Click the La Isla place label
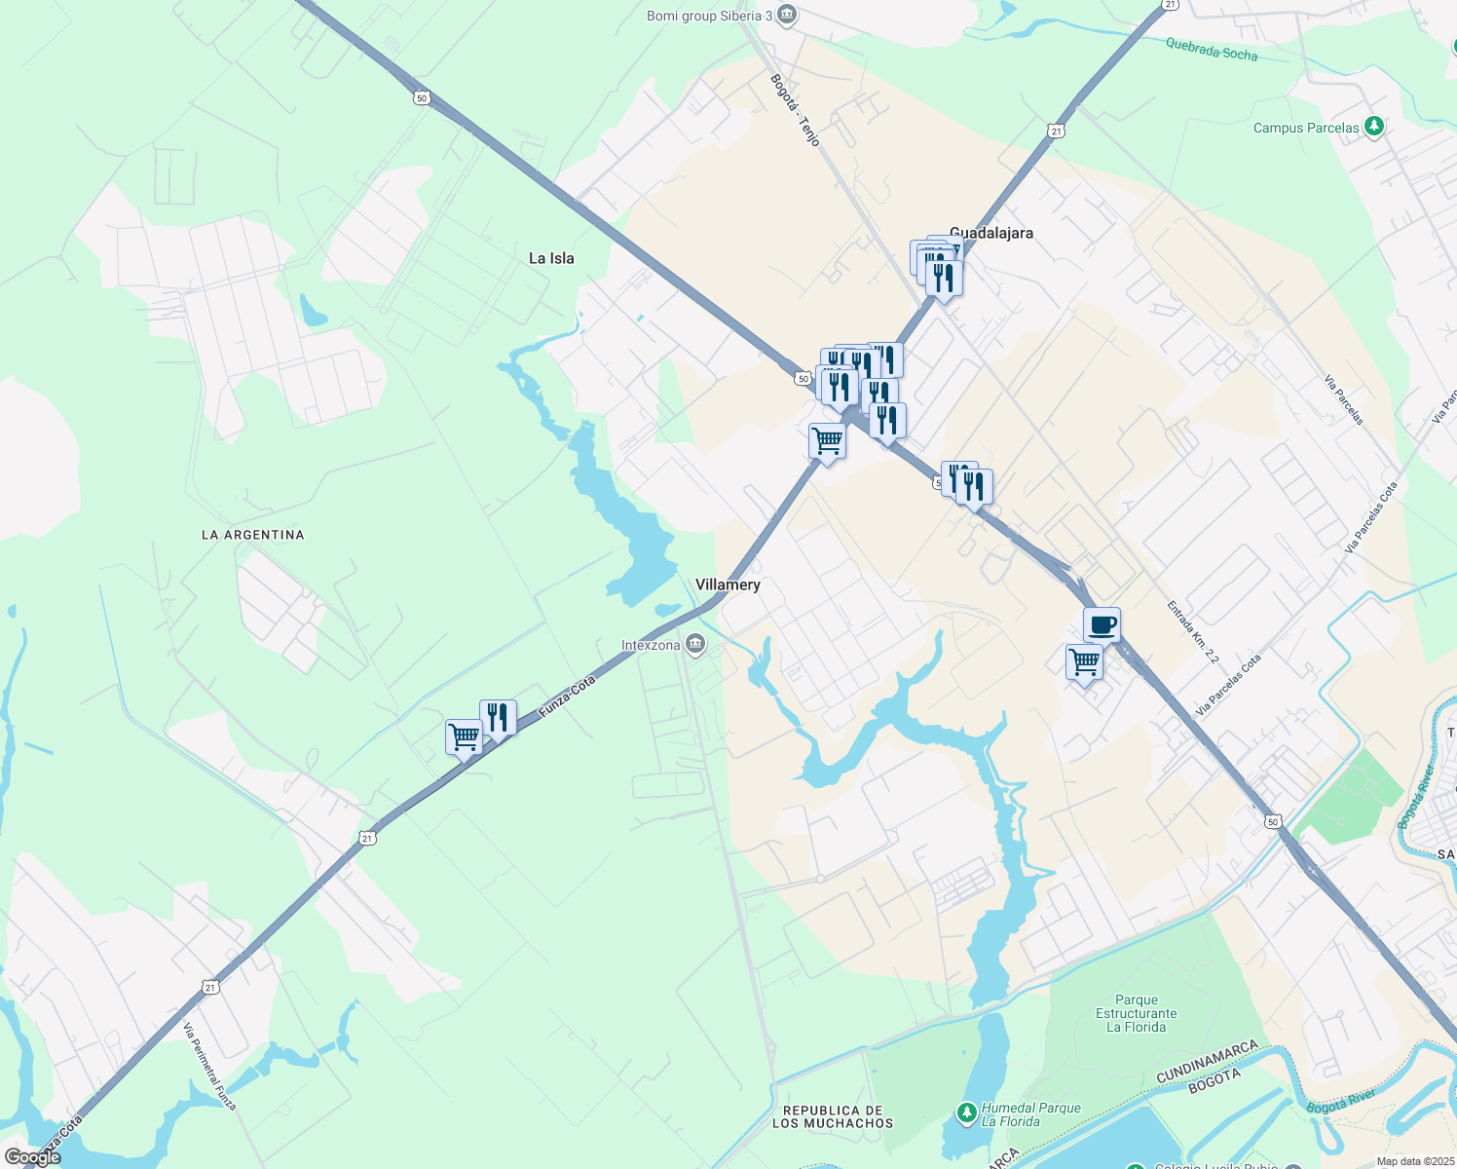(x=551, y=258)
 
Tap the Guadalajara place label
(x=991, y=233)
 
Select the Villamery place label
(x=728, y=584)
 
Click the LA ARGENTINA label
(x=253, y=535)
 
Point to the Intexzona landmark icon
(x=695, y=643)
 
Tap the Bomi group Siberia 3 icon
(x=787, y=16)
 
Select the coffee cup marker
(x=1102, y=624)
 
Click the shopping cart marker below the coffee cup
(x=1084, y=662)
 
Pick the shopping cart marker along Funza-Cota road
(x=464, y=736)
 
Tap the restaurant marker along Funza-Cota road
(x=498, y=718)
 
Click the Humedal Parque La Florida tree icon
(x=966, y=1112)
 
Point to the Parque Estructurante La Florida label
(x=1137, y=1013)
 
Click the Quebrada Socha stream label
(x=1212, y=50)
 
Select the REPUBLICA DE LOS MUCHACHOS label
(x=833, y=1116)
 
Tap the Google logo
(x=32, y=1157)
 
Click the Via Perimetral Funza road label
(x=209, y=1066)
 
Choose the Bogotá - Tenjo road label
(x=796, y=110)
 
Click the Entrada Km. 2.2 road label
(x=1193, y=632)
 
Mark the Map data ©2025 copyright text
(x=1413, y=1161)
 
